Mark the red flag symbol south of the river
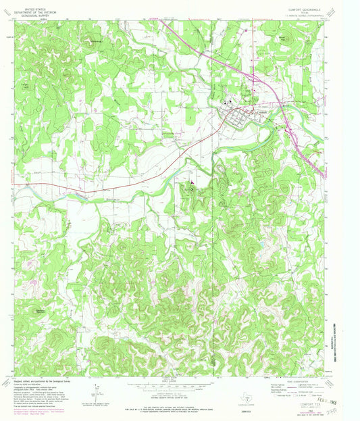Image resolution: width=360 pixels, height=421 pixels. tap(191, 182)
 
